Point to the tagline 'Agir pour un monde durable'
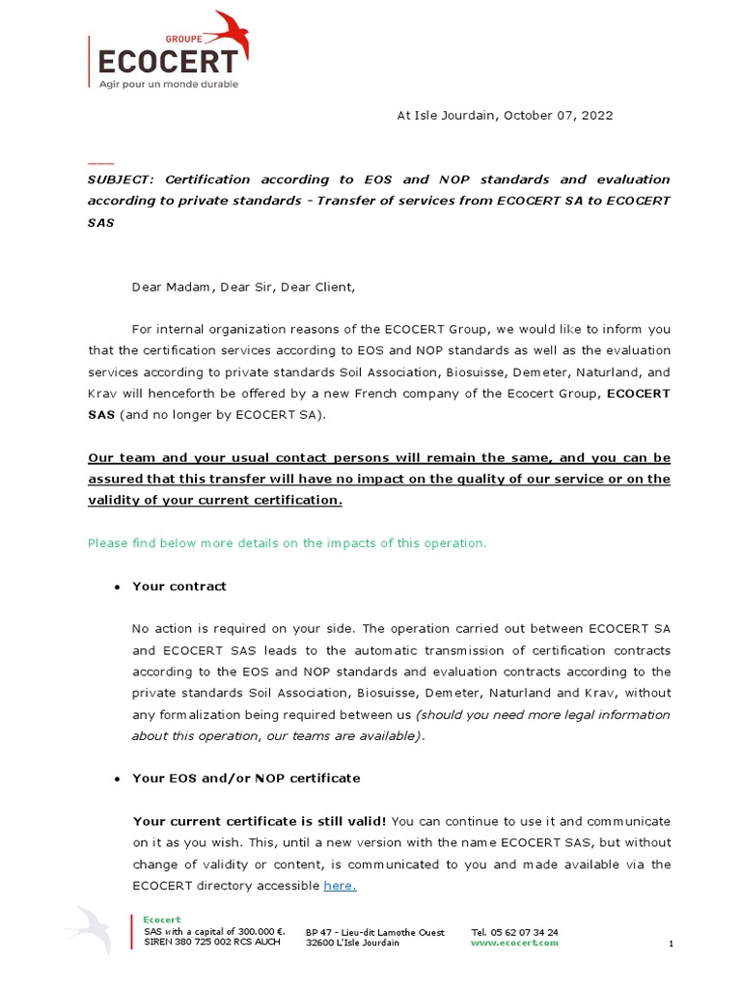coord(169,84)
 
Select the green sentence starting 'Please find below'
coord(288,543)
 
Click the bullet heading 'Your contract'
coord(179,587)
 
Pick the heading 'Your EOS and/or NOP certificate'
coord(246,778)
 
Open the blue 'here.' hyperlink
coord(340,885)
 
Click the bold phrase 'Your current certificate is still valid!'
coord(260,821)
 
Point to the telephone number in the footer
coord(514,932)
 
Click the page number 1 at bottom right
coord(671,944)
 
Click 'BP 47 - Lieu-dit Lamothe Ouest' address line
coord(375,932)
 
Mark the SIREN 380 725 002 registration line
coord(212,942)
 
